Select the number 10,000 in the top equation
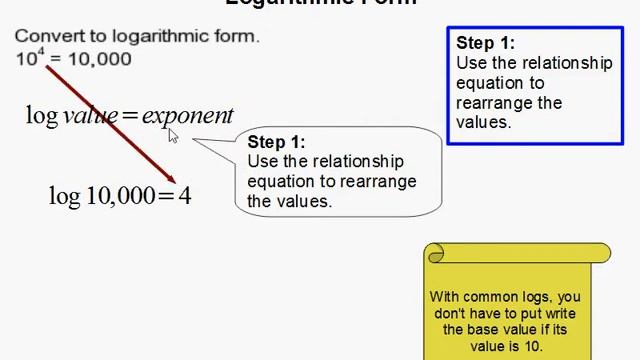coord(100,59)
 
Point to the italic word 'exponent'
coord(187,116)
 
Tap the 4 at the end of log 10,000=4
coord(185,195)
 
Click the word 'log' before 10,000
coord(64,196)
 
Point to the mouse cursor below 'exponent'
coord(172,136)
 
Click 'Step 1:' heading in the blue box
coord(486,43)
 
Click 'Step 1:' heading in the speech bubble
coord(276,142)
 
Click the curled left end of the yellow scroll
coord(435,254)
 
